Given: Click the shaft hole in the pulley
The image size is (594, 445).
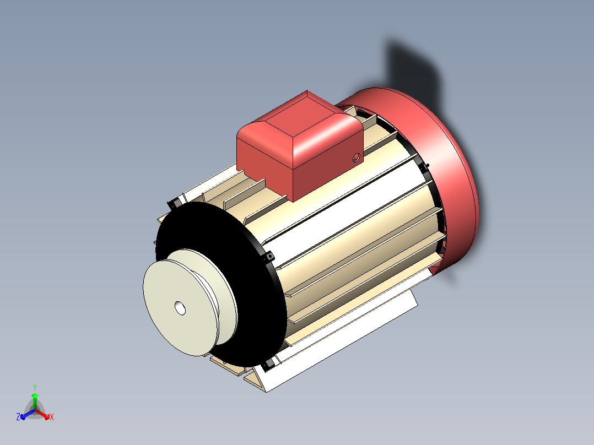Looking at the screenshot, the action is (180, 308).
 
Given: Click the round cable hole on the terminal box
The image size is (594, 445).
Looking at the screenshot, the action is (356, 157).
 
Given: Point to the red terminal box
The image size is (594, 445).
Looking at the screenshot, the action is (299, 146).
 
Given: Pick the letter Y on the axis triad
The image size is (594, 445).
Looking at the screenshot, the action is (35, 387).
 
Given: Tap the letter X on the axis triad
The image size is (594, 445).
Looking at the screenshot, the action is (52, 417).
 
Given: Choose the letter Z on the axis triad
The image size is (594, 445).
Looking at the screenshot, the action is (18, 416).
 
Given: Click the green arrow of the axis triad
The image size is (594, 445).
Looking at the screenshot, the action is (35, 401).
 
